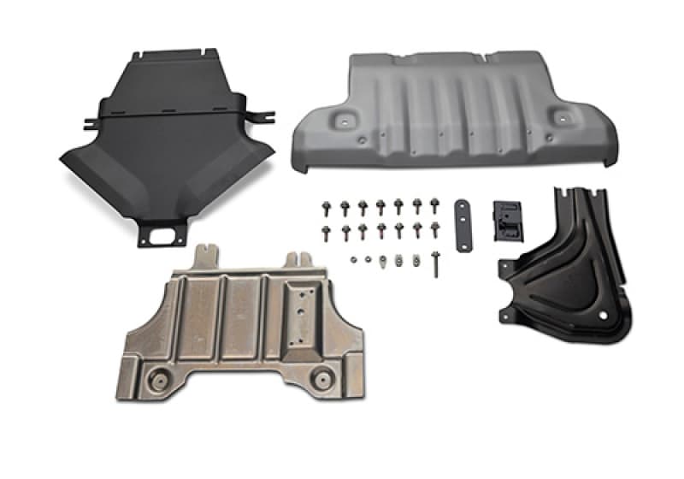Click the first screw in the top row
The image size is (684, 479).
tap(326, 207)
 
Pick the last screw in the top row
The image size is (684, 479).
tap(435, 206)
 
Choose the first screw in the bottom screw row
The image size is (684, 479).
tap(326, 230)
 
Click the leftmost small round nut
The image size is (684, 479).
tap(352, 258)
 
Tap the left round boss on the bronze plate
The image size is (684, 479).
tap(160, 379)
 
